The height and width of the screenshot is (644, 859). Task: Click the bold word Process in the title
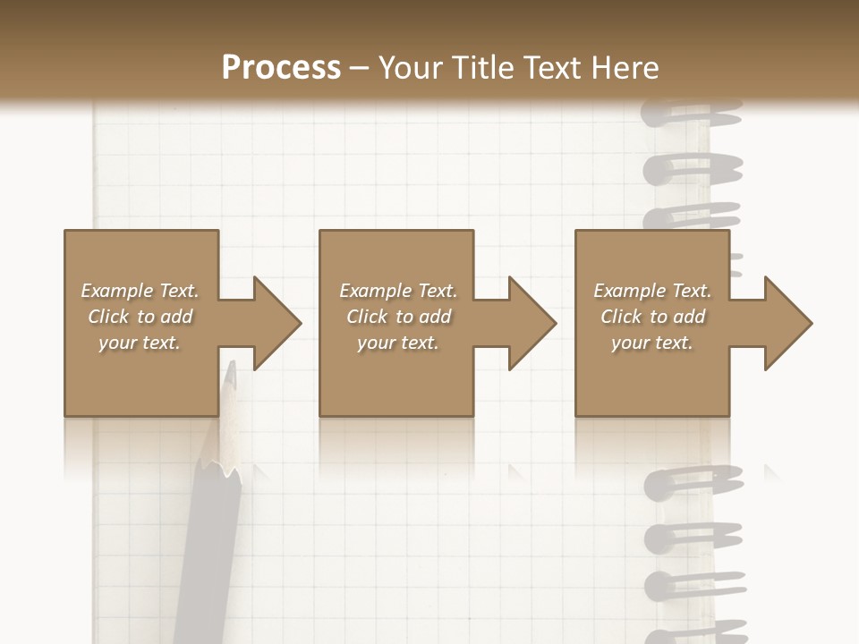tap(281, 68)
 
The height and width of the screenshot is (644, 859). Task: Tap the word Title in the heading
tap(480, 68)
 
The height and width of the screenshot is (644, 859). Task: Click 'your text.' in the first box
tap(140, 343)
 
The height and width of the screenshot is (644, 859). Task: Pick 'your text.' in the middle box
tap(397, 343)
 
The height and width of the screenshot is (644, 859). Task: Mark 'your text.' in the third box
tap(651, 343)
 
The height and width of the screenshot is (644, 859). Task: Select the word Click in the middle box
tap(367, 317)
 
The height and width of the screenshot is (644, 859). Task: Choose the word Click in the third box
tap(621, 317)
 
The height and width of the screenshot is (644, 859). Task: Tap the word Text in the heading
tap(552, 68)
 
